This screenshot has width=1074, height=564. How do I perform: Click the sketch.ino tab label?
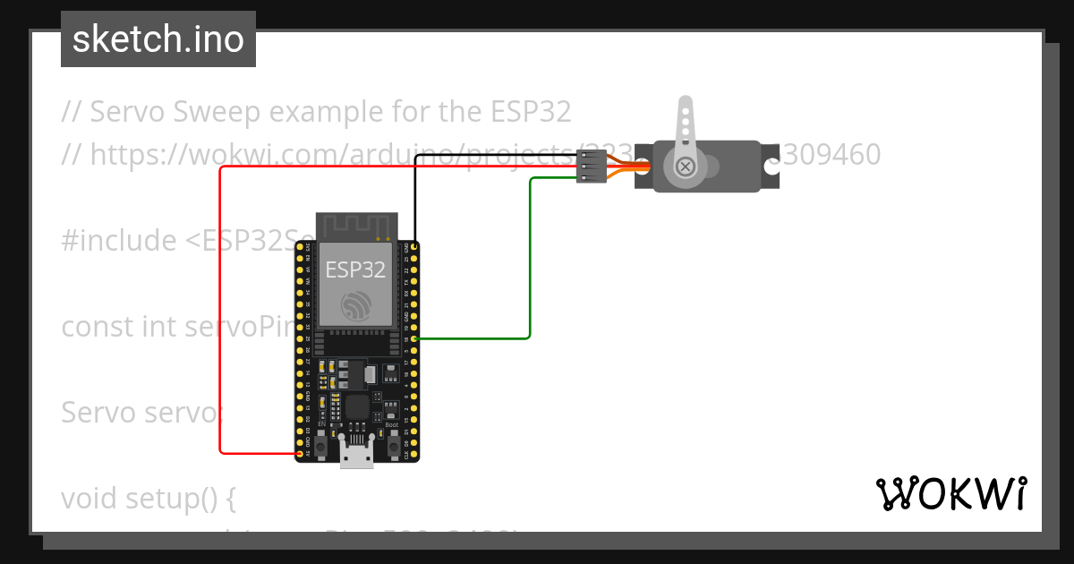(x=158, y=39)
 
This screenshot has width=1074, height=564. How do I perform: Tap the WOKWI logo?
(x=950, y=493)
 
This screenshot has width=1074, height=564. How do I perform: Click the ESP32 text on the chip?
(x=355, y=269)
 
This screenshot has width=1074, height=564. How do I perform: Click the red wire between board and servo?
(x=220, y=313)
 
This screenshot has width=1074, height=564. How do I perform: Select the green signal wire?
(x=531, y=260)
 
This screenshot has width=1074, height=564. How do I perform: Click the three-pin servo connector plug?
(x=590, y=167)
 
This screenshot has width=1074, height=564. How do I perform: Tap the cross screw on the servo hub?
(x=686, y=167)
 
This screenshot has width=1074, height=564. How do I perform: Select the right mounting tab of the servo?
(x=771, y=167)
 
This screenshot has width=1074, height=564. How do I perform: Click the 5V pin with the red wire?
(x=300, y=454)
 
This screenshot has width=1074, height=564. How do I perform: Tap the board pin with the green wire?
(x=414, y=338)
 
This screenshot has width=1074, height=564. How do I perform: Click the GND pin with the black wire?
(x=414, y=245)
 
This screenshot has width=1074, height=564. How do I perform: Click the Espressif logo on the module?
(x=355, y=306)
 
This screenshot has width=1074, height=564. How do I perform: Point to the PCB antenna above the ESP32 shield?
(x=355, y=226)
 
